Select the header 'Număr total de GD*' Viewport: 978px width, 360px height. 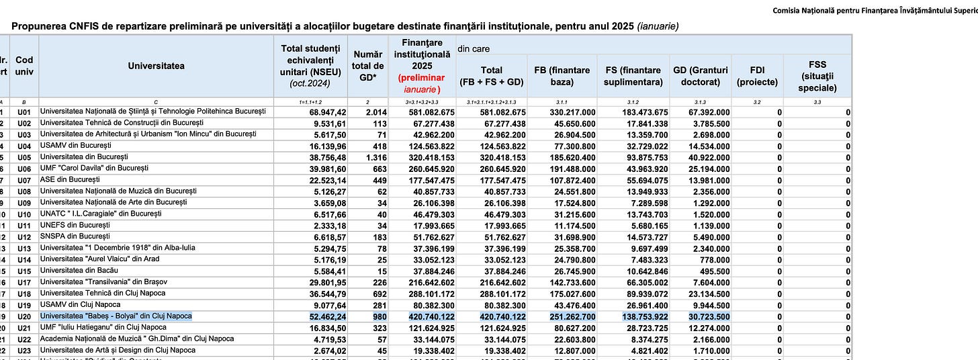click(x=368, y=66)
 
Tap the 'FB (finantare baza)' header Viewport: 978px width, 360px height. click(x=562, y=76)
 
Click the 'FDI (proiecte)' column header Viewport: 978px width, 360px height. click(x=757, y=76)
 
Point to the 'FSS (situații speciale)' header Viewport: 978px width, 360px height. click(x=817, y=76)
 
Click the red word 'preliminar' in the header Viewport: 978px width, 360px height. click(x=422, y=78)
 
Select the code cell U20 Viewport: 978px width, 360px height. click(x=24, y=316)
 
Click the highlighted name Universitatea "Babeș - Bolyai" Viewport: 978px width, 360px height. click(x=116, y=316)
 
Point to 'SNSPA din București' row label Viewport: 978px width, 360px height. click(x=75, y=236)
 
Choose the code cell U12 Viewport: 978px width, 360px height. click(x=24, y=236)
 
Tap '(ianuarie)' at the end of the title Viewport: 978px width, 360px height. click(x=657, y=26)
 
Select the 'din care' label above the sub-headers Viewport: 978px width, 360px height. click(x=474, y=49)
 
